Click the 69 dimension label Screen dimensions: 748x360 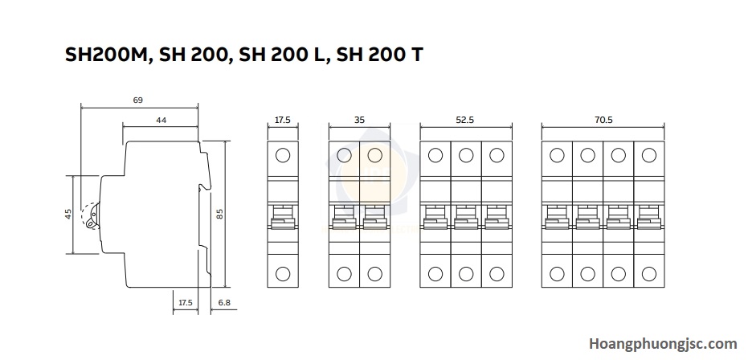[x=138, y=100]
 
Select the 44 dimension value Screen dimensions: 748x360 [x=161, y=121]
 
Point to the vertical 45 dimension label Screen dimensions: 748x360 [x=68, y=214]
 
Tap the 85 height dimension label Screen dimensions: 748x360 [x=220, y=214]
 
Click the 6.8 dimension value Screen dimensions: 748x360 [x=224, y=302]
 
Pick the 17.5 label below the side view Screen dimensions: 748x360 [x=185, y=302]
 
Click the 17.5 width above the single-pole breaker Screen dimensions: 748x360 [x=283, y=121]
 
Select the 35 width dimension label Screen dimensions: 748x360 [x=359, y=121]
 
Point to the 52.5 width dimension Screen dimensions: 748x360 [x=465, y=121]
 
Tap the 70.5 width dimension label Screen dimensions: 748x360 [x=603, y=121]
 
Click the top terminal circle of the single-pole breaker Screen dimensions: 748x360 [x=283, y=155]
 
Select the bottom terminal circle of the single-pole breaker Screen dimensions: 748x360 [x=283, y=274]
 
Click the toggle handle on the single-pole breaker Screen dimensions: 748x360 [x=283, y=218]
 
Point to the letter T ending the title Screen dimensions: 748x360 [x=415, y=55]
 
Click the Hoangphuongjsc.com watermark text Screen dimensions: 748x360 [x=663, y=343]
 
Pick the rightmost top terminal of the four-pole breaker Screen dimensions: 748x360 [x=649, y=155]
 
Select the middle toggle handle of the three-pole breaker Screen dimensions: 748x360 [x=466, y=218]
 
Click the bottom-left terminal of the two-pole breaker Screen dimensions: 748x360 [x=344, y=274]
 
